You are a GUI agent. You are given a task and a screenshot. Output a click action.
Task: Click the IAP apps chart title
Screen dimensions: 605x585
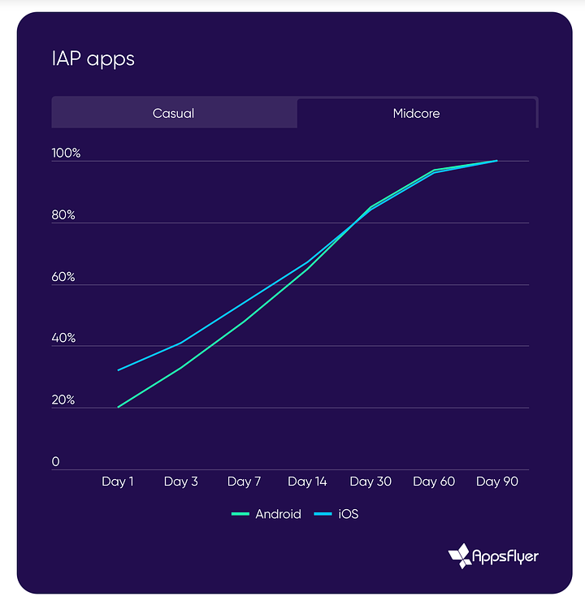(x=93, y=59)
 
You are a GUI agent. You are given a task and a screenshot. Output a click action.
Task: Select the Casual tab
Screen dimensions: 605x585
(x=173, y=113)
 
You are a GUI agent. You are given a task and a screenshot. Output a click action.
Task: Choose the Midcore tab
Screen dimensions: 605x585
(x=416, y=113)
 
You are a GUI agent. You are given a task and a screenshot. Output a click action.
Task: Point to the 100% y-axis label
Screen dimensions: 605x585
(x=66, y=153)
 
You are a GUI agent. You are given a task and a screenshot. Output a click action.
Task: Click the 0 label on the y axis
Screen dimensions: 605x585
(x=56, y=462)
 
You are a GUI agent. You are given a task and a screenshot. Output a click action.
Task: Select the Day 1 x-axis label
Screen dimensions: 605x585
(x=118, y=482)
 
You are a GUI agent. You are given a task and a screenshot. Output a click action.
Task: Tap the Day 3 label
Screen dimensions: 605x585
(x=180, y=482)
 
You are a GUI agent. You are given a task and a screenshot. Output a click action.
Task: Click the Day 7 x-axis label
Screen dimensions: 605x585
(x=244, y=482)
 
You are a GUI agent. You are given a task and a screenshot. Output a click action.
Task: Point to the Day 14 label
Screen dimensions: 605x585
(x=307, y=482)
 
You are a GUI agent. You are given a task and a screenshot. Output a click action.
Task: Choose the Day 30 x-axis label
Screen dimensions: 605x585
(x=370, y=482)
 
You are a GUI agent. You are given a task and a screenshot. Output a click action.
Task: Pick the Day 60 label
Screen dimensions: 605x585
(x=434, y=482)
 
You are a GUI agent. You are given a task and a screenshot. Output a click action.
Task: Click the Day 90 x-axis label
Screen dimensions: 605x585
(x=497, y=482)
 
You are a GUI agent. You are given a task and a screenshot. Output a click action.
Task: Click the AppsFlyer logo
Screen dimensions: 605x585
(x=493, y=555)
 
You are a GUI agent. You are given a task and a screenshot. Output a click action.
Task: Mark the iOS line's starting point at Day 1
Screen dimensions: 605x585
(x=119, y=370)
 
